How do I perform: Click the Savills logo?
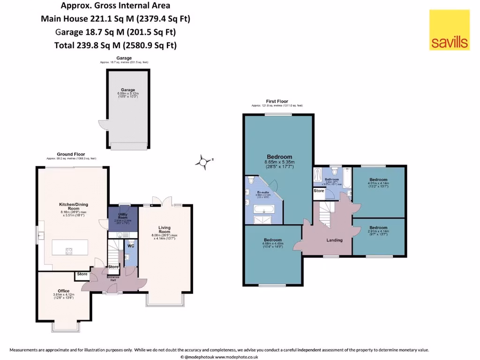coord(449,30)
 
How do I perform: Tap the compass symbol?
coord(203,162)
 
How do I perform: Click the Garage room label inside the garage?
coord(128,90)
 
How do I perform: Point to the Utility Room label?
coord(123,216)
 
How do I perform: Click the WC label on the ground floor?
coord(131,245)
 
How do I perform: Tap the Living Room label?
coord(164,229)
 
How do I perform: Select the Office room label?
coord(63,291)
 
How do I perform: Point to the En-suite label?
coord(262,192)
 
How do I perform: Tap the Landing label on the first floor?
coord(334,240)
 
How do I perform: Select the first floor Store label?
coord(319,191)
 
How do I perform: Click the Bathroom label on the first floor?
coord(332,180)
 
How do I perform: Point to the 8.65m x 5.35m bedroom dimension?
coord(279,163)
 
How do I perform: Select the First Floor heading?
coord(277,101)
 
